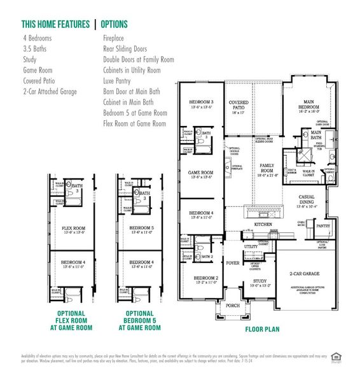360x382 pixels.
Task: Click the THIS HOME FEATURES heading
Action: click(55, 24)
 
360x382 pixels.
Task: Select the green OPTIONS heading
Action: click(115, 24)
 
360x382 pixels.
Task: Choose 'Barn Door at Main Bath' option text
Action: click(132, 92)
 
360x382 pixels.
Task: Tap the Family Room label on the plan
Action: click(267, 167)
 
